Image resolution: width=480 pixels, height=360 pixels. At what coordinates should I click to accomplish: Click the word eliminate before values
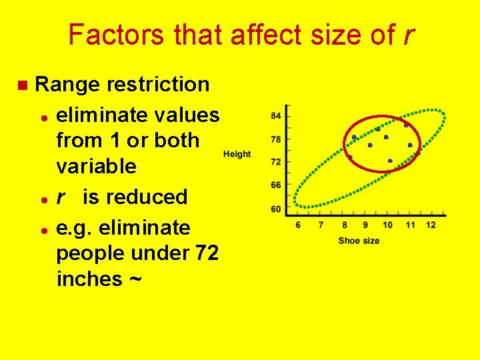[101, 115]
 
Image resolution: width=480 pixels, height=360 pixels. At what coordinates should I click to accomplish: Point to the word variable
[96, 166]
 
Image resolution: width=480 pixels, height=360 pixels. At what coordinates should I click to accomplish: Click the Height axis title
[237, 154]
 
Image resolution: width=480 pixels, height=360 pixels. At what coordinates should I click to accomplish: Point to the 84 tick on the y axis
[275, 116]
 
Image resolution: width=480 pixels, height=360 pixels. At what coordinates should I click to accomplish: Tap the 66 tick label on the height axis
[275, 185]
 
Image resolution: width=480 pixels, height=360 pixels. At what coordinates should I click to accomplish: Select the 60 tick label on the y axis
[275, 209]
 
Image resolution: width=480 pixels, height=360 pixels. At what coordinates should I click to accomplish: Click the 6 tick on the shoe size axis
[298, 225]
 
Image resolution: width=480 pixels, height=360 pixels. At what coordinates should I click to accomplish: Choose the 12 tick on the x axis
[431, 225]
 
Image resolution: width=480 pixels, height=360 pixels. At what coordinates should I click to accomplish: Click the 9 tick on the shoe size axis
[365, 225]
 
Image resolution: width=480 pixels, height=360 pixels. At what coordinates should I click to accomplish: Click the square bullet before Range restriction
[22, 85]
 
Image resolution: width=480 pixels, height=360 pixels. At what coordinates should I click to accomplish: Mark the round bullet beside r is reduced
[43, 199]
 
